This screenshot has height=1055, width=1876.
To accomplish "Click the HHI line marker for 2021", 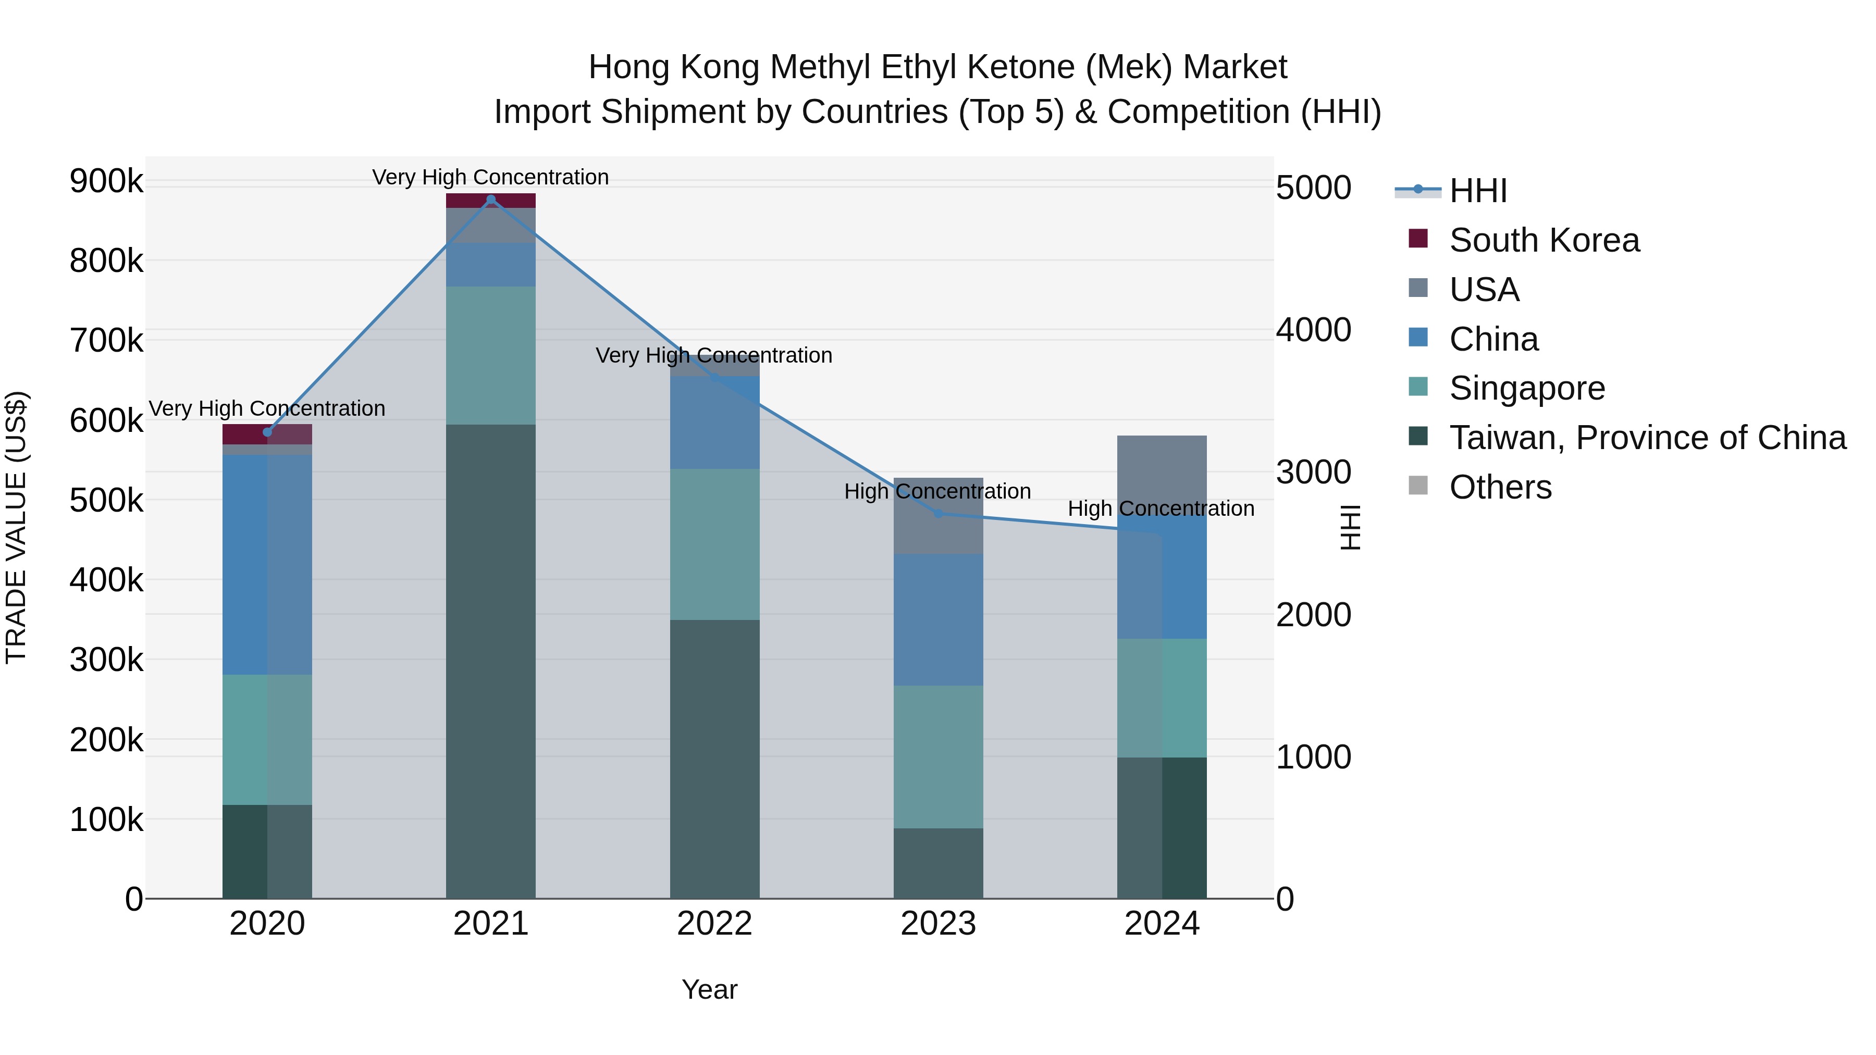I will [490, 200].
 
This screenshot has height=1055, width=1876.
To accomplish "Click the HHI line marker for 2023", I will [938, 513].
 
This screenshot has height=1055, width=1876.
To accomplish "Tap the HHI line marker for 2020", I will [267, 432].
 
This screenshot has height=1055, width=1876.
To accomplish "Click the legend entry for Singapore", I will [1526, 388].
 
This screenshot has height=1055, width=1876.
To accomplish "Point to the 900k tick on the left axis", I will [106, 181].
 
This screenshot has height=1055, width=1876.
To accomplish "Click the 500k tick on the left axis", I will [106, 500].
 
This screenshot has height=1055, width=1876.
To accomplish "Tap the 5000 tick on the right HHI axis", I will [1314, 188].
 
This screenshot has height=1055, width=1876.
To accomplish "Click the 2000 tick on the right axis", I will [1314, 615].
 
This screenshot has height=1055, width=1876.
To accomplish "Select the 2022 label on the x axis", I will [714, 924].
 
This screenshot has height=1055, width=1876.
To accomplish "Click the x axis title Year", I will [709, 989].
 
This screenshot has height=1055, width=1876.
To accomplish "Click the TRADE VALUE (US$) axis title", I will [16, 527].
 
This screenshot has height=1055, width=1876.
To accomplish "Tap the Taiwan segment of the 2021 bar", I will [490, 655].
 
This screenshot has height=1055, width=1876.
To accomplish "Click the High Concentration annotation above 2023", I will [937, 491].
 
